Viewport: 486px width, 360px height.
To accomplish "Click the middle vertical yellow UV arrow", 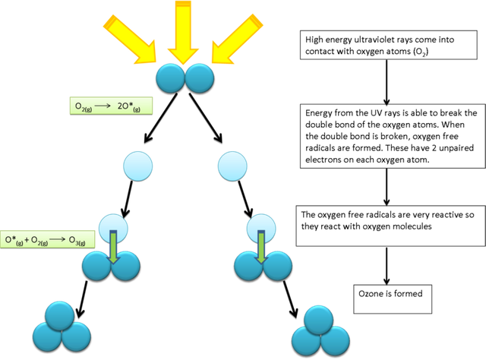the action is (183, 31).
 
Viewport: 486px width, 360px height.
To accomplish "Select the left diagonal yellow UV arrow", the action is (130, 39).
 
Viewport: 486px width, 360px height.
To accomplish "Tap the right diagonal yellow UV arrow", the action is (237, 39).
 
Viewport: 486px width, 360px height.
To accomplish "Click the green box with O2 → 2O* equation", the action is (111, 106).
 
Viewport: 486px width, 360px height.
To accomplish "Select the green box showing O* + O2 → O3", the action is (47, 239).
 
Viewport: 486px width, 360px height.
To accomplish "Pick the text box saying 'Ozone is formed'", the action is (393, 299).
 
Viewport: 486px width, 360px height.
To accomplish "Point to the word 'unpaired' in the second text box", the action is (456, 148).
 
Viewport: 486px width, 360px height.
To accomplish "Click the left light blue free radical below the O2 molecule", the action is (138, 166).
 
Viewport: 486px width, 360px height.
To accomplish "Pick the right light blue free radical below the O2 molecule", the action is (232, 166).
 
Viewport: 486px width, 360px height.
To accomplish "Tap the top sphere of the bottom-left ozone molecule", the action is (59, 316).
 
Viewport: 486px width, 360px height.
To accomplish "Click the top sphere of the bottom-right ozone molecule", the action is (319, 321).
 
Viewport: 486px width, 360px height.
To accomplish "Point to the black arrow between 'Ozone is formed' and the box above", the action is (387, 266).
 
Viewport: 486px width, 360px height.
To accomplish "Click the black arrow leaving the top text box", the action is (387, 82).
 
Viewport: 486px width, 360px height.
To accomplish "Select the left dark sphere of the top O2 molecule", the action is (170, 78).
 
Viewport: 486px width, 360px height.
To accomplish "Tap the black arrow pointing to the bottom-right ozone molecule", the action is (290, 299).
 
